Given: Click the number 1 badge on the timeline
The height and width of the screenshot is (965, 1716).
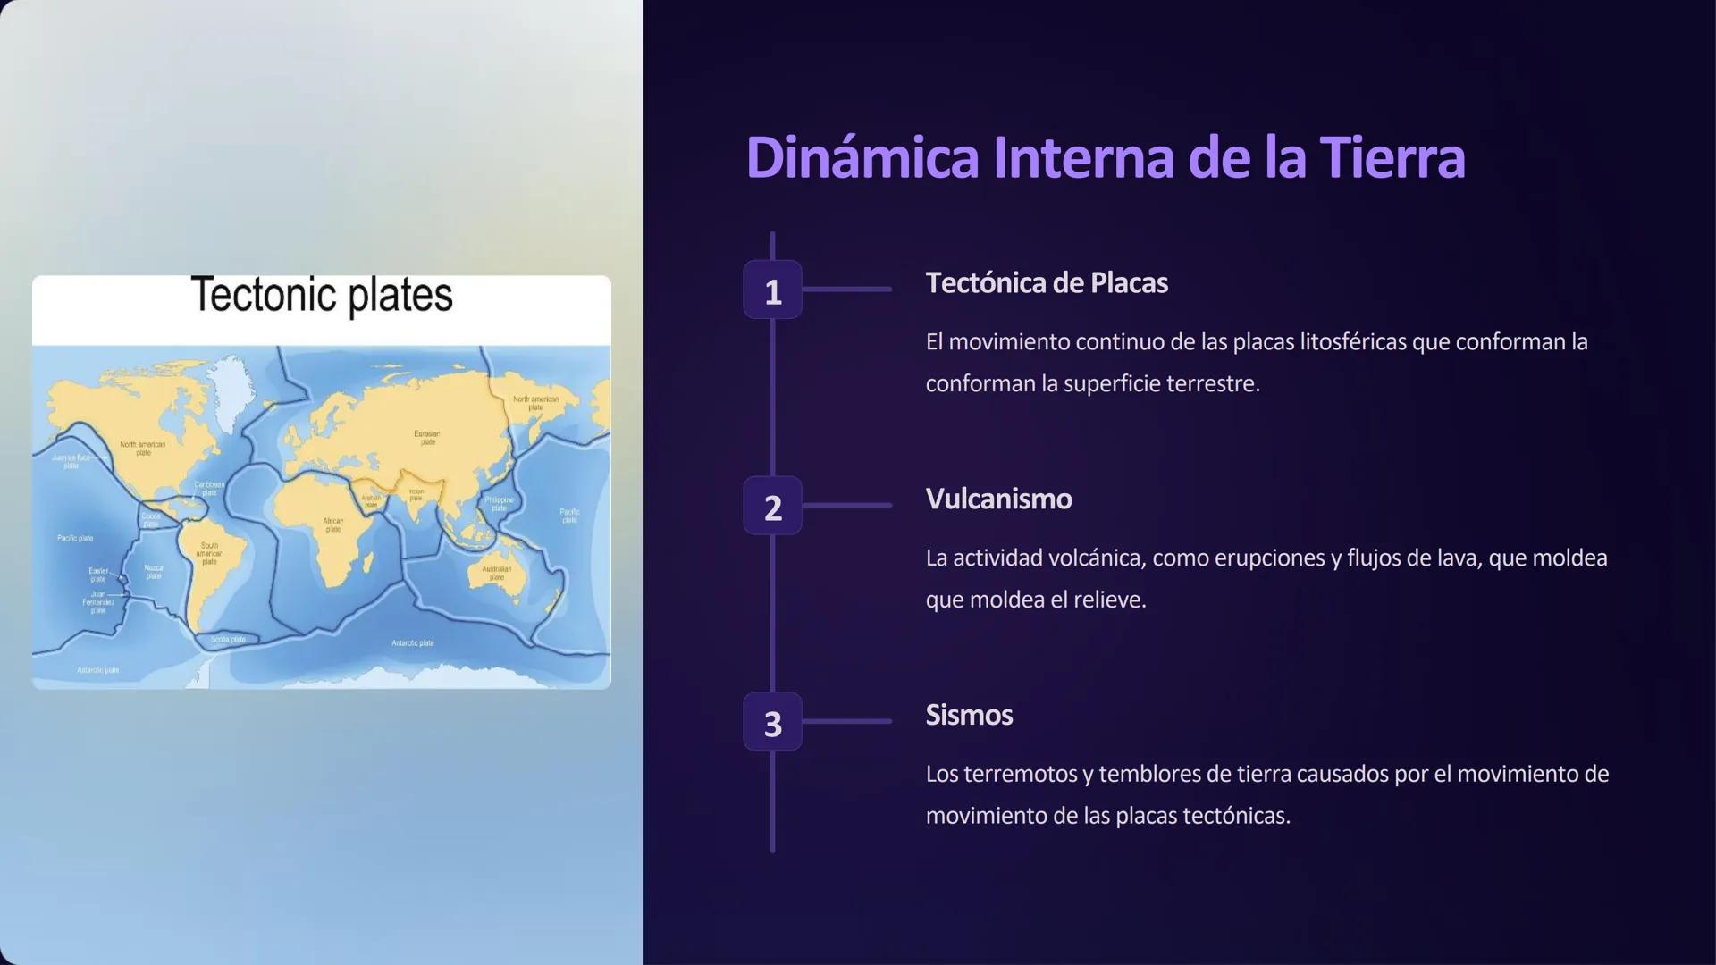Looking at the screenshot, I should coord(772,290).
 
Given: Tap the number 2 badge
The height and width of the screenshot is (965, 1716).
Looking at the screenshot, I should coord(772,507).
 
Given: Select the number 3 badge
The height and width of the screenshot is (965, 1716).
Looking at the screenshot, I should coord(772,722).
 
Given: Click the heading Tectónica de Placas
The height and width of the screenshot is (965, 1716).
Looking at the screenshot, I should coord(1046,283).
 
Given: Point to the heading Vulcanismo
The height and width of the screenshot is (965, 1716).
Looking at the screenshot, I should coord(997,499).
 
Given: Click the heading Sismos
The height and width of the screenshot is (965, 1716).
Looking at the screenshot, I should coord(968,715).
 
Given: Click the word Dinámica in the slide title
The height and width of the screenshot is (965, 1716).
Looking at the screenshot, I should coord(862,157).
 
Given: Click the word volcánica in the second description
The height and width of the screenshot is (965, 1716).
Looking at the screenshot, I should coord(1096,558).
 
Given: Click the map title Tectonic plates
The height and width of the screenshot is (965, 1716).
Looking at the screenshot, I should coord(322,296).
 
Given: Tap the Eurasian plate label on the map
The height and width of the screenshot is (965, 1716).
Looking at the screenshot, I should coord(427,437).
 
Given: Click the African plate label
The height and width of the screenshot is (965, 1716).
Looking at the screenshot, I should coord(332,524).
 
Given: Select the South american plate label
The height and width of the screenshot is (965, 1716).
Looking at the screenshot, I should coord(209,553).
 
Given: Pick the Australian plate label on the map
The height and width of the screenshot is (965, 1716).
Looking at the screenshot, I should coord(496,573).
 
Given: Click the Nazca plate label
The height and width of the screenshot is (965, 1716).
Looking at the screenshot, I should coord(154,571).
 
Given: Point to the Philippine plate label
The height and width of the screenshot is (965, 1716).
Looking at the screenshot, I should coord(499,503).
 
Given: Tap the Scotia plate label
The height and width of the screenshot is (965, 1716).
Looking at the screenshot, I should coord(228,639).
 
